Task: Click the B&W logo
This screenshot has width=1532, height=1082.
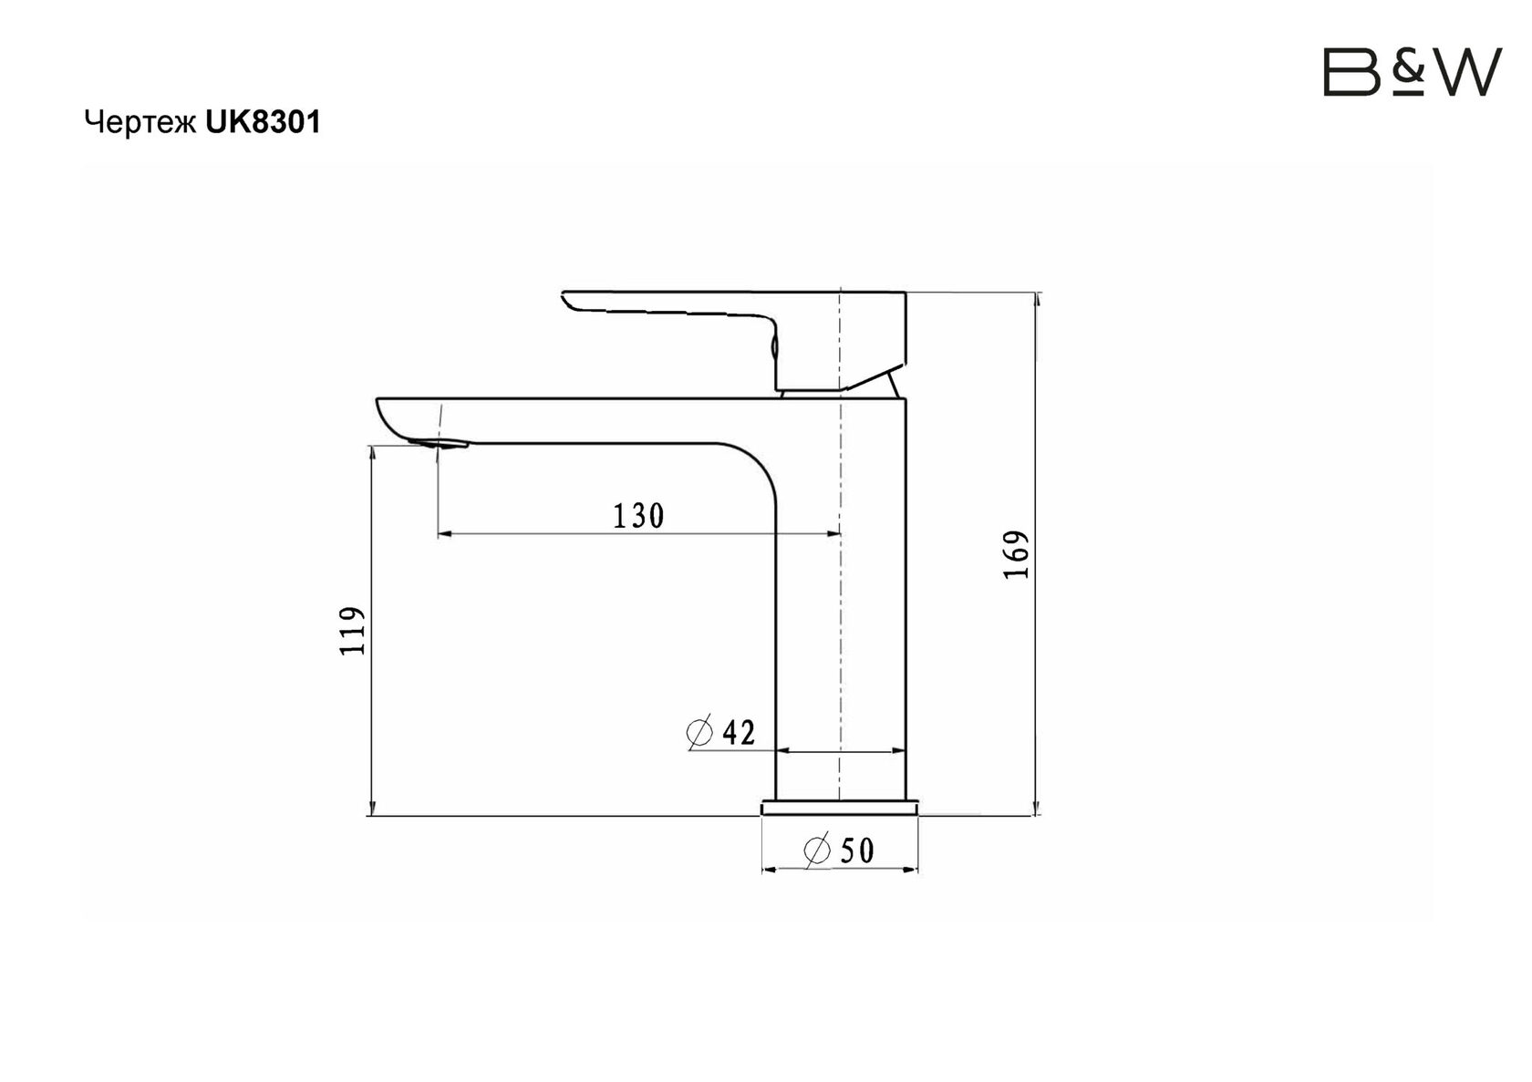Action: [1413, 71]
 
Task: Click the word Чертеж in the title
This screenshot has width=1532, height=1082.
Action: [140, 123]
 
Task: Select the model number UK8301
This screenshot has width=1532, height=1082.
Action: [263, 122]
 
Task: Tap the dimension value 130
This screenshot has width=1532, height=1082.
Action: [638, 517]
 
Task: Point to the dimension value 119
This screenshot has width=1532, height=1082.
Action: [353, 631]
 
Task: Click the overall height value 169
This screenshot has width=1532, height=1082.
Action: [1016, 554]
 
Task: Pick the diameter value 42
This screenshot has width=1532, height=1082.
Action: [739, 733]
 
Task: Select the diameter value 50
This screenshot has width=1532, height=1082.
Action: [857, 851]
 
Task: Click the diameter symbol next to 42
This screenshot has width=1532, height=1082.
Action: [699, 733]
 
